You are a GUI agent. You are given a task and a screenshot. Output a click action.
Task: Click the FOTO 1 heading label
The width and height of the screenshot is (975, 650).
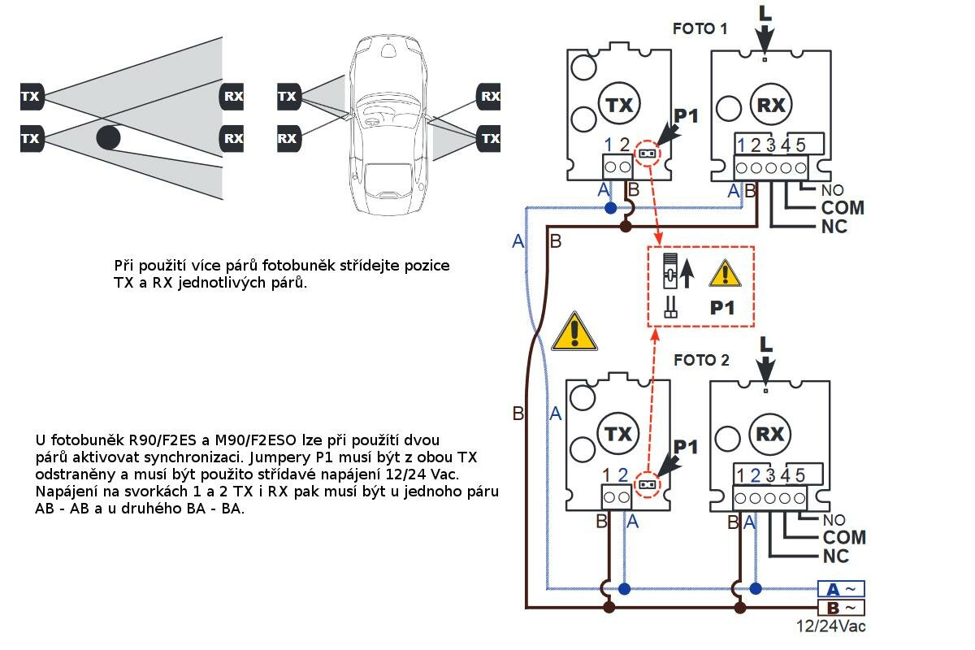700,28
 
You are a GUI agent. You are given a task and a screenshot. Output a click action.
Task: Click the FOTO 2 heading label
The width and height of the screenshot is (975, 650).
702,360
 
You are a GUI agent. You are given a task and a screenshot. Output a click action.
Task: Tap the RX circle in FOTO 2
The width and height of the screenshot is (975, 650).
769,434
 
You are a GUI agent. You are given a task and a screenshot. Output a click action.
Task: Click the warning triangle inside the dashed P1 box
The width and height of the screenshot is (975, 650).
725,275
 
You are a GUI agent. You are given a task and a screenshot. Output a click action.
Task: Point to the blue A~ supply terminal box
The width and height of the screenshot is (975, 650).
841,589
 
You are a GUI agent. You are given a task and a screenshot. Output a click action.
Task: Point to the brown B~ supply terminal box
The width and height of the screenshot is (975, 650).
841,607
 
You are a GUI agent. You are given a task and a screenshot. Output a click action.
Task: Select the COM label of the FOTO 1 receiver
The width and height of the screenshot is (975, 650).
843,208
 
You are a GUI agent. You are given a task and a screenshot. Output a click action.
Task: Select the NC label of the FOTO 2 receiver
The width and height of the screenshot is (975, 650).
835,557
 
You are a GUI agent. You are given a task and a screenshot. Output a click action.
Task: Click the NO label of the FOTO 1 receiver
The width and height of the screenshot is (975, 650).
833,191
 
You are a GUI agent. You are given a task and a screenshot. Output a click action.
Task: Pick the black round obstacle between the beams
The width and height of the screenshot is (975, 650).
109,136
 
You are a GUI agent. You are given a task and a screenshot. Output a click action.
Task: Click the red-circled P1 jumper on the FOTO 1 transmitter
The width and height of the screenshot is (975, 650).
648,152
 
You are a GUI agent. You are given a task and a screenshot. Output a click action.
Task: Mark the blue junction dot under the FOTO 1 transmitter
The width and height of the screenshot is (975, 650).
610,208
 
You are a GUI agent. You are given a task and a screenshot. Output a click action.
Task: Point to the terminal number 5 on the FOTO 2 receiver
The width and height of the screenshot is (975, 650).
800,475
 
